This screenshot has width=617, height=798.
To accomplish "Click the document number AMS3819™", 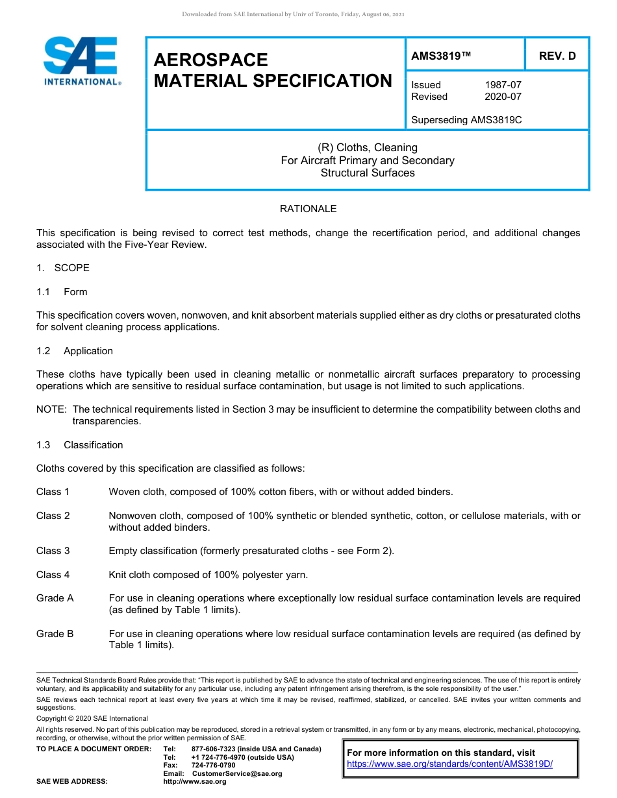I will [x=441, y=56].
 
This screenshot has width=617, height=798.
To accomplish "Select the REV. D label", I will [x=557, y=56].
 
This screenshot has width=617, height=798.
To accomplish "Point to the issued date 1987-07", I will [x=503, y=85].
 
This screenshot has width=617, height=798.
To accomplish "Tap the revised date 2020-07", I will [x=503, y=97].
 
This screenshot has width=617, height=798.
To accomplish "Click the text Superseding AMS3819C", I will [x=466, y=120].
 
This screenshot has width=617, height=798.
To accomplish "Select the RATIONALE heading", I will [x=308, y=209].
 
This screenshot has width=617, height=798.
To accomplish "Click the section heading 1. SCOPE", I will [x=63, y=268].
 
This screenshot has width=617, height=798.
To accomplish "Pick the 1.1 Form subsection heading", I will [x=62, y=292].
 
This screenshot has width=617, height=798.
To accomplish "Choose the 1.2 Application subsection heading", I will [x=75, y=351].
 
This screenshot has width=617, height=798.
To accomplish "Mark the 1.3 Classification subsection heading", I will [x=80, y=445].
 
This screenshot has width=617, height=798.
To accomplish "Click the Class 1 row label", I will [x=53, y=492].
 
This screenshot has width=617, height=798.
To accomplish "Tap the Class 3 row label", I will [x=53, y=551].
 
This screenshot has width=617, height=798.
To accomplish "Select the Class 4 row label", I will [x=53, y=575].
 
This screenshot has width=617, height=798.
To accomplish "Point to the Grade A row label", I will [x=55, y=598].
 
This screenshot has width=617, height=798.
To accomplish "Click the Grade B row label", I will [x=55, y=634].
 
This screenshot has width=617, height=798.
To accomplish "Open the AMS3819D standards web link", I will [x=449, y=764].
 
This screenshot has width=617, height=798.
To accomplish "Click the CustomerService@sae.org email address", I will [x=237, y=773].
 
